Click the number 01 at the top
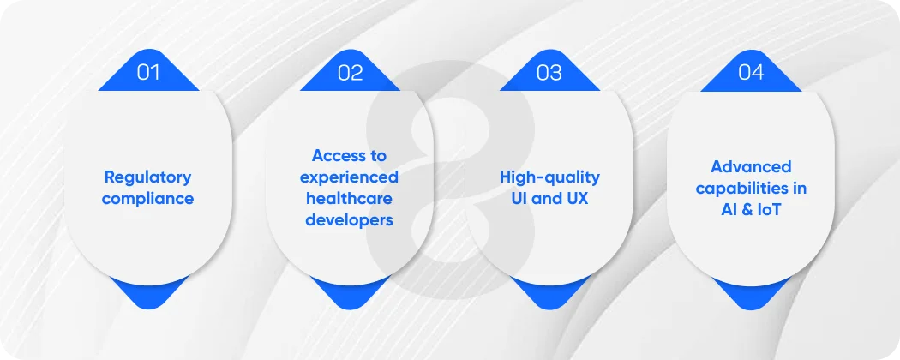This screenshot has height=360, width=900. [x=148, y=72]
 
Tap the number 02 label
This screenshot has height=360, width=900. [x=350, y=72]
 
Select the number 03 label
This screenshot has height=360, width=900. [x=549, y=72]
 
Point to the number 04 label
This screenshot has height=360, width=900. [x=751, y=72]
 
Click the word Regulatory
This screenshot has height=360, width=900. [x=147, y=177]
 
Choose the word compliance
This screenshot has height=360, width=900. [x=147, y=199]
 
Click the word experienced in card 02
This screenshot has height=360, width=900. [x=349, y=177]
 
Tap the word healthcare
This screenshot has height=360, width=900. [x=349, y=199]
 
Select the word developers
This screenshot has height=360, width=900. [x=349, y=220]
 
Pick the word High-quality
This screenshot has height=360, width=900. [x=549, y=177]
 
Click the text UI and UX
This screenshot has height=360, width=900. [x=549, y=199]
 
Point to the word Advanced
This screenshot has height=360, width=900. [x=751, y=166]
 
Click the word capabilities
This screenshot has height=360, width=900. [x=751, y=188]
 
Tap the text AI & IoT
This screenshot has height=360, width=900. [x=751, y=209]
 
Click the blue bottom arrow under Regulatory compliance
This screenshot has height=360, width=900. [x=147, y=294]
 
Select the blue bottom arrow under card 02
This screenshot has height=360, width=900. [x=349, y=294]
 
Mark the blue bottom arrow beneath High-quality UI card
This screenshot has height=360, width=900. [x=549, y=294]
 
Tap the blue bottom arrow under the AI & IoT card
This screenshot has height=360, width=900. [x=751, y=294]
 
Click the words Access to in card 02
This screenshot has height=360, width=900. [x=349, y=156]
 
